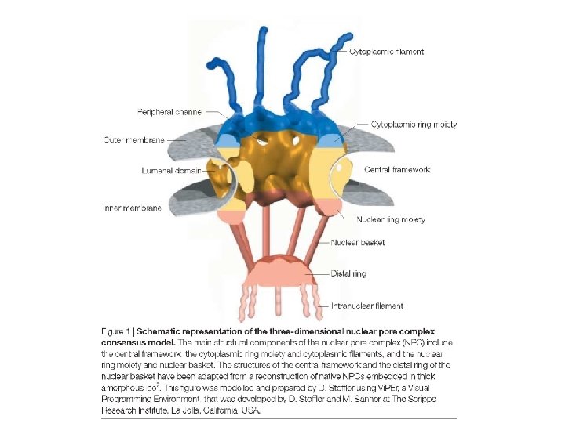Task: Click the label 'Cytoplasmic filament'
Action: click(x=386, y=52)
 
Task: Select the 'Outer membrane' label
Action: click(x=133, y=139)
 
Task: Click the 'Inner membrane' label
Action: click(x=132, y=208)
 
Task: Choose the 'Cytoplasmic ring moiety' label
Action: click(x=413, y=125)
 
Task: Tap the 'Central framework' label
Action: click(x=397, y=169)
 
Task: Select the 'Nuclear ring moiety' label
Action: click(x=391, y=220)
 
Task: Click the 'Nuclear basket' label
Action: click(x=358, y=243)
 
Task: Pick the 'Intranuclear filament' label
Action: click(x=366, y=305)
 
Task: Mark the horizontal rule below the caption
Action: click(x=279, y=418)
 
